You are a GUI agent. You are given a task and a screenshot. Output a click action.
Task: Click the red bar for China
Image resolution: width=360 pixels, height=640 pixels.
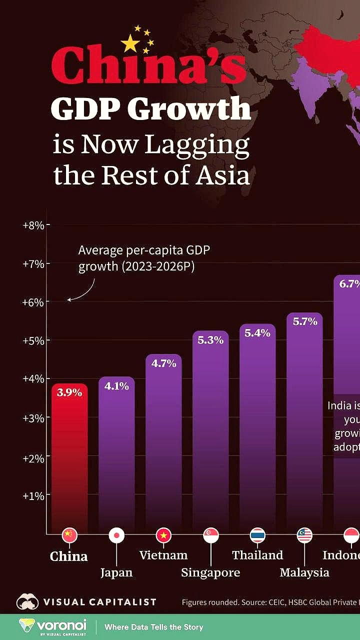pyautogui.click(x=69, y=460)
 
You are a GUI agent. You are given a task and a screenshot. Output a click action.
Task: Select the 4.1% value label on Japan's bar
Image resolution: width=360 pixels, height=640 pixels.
pyautogui.click(x=116, y=385)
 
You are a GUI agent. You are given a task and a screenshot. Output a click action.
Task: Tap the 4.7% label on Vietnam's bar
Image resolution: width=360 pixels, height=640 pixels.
pyautogui.click(x=163, y=363)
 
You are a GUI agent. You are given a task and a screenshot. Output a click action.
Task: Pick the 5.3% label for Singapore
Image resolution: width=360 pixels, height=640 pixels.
pyautogui.click(x=210, y=340)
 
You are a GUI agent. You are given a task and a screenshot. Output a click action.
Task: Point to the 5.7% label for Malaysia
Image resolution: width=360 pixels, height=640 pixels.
pyautogui.click(x=305, y=321)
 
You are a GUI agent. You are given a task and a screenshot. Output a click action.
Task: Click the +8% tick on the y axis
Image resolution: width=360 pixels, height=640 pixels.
pyautogui.click(x=33, y=225)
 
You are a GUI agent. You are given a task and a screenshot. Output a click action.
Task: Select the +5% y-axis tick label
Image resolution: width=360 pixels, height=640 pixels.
pyautogui.click(x=33, y=340)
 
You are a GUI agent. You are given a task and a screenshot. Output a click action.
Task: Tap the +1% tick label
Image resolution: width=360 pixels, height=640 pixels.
pyautogui.click(x=33, y=495)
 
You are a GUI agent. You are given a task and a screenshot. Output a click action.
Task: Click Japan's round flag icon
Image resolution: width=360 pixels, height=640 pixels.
pyautogui.click(x=116, y=535)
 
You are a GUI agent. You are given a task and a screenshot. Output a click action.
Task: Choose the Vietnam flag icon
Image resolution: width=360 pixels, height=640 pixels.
pyautogui.click(x=163, y=535)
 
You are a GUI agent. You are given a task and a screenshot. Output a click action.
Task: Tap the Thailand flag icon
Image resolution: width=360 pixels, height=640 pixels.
pyautogui.click(x=257, y=535)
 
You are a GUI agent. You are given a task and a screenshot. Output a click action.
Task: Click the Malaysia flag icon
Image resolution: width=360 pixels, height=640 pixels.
pyautogui.click(x=304, y=535)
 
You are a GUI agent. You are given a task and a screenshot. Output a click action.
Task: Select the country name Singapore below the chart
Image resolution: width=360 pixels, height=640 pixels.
pyautogui.click(x=210, y=572)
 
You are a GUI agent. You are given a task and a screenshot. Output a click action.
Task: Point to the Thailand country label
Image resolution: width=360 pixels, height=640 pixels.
pyautogui.click(x=257, y=555)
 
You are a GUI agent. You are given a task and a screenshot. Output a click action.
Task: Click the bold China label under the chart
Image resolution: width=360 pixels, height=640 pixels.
pyautogui.click(x=69, y=556)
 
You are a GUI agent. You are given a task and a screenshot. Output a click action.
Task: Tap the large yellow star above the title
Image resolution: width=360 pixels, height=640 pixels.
pyautogui.click(x=130, y=43)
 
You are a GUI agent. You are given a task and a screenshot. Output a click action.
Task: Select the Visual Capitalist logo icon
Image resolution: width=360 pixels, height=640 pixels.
pyautogui.click(x=27, y=602)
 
